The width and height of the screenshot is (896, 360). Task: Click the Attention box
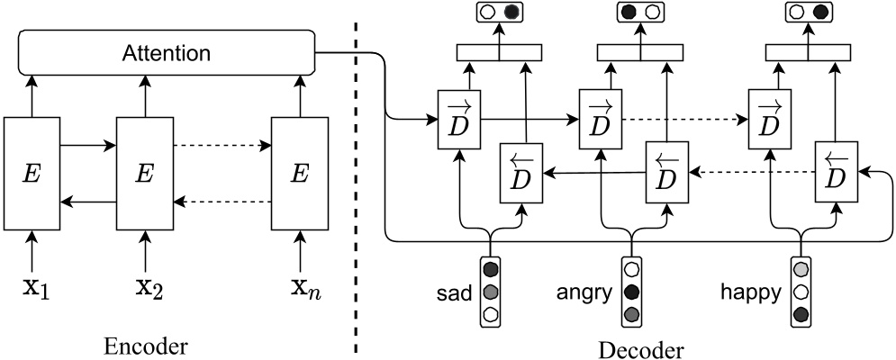167,54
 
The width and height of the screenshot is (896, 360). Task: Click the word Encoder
149,346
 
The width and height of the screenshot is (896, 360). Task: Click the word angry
586,292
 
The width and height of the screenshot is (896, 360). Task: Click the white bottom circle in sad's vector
491,314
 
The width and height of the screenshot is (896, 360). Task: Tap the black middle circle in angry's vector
631,292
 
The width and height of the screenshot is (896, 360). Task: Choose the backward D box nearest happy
836,172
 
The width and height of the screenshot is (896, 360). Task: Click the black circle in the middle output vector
629,13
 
